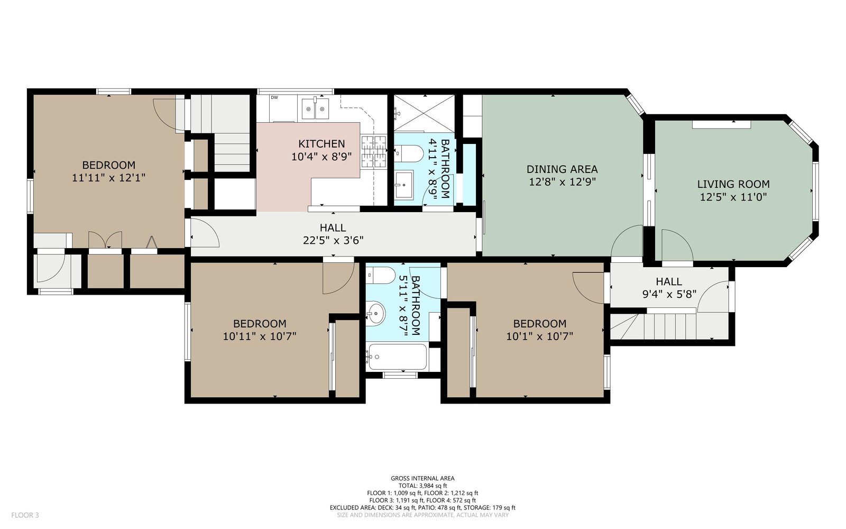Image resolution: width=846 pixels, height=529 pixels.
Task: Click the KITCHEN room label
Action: click(321, 144)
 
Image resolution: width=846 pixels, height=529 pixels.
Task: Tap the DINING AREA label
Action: click(562, 169)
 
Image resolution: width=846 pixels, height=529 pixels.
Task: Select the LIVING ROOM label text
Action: click(733, 184)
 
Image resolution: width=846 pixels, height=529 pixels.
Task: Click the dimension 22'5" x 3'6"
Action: click(333, 240)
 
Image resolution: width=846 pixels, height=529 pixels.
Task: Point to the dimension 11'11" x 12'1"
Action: click(109, 178)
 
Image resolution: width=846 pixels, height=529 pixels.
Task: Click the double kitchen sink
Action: click(315, 109)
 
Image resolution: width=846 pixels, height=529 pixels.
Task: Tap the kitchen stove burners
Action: click(373, 151)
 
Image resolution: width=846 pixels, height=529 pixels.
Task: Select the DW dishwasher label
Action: click(274, 97)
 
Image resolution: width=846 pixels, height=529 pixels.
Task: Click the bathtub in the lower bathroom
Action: click(397, 357)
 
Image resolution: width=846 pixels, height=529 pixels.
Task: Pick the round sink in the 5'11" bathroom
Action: click(375, 313)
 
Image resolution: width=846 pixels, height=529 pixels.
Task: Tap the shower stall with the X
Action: click(424, 113)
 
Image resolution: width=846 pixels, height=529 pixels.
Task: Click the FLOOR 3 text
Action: click(25, 515)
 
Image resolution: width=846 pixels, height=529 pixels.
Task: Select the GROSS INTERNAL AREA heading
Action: click(422, 478)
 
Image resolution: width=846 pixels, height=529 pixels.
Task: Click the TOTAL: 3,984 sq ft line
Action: click(422, 486)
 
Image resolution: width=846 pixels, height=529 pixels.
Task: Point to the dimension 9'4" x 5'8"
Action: click(669, 294)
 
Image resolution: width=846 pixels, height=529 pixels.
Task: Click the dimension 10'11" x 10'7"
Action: click(260, 336)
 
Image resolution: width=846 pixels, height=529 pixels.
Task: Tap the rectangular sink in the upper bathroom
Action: click(404, 185)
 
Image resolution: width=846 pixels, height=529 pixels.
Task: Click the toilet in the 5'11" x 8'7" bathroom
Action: click(380, 275)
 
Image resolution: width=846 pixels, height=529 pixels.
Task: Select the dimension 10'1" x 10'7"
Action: click(540, 336)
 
